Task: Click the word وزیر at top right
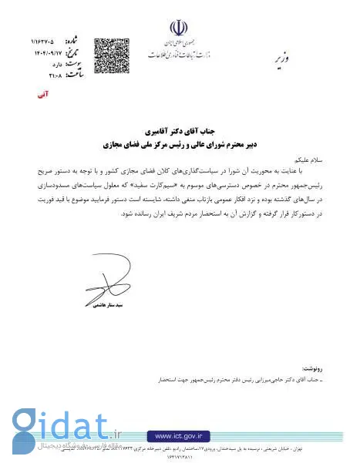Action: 283,58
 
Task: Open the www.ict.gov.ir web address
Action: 180,435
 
